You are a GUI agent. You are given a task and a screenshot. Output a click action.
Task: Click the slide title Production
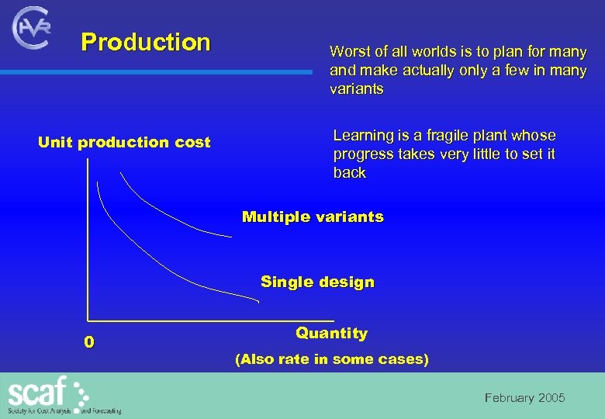click(x=146, y=42)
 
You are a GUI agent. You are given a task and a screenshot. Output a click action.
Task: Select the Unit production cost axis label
click(x=124, y=142)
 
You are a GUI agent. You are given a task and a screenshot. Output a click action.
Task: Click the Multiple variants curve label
click(x=313, y=216)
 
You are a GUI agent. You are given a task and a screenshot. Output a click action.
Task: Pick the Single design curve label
click(x=317, y=282)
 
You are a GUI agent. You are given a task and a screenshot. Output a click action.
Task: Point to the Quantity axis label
click(x=331, y=333)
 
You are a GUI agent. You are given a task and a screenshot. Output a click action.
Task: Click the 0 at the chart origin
click(x=89, y=341)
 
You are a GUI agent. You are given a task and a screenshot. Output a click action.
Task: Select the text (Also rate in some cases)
click(x=331, y=359)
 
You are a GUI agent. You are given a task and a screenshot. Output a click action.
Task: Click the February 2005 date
click(x=524, y=398)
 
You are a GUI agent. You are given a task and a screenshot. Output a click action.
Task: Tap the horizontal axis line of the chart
click(x=209, y=320)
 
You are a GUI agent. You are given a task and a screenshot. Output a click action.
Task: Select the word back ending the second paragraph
click(x=349, y=172)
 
